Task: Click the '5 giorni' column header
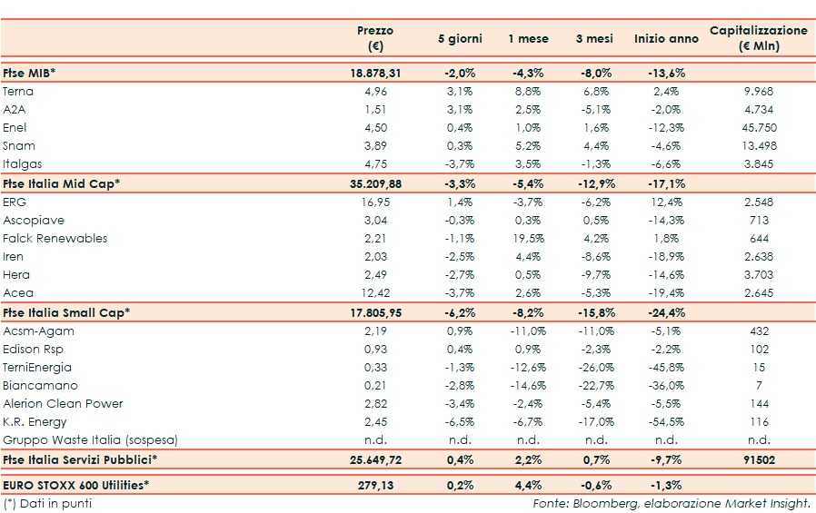coord(459,39)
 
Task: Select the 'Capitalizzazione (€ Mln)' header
coord(758,39)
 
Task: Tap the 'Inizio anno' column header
coord(666,39)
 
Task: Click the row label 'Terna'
coord(19,92)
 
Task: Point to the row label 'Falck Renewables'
coord(55,239)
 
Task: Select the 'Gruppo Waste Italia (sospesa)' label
coord(90,440)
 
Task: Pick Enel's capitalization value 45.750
coord(758,128)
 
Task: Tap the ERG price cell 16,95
coord(375,202)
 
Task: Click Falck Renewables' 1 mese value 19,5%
coord(528,239)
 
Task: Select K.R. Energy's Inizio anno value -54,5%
coord(666,422)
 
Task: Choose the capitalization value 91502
coord(758,459)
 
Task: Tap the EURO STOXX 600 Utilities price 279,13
coord(375,486)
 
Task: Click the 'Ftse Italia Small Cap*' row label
coord(67,312)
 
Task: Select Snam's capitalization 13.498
coord(758,146)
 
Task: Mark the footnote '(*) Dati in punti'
coord(47,503)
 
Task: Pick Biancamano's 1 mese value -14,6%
coord(528,386)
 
